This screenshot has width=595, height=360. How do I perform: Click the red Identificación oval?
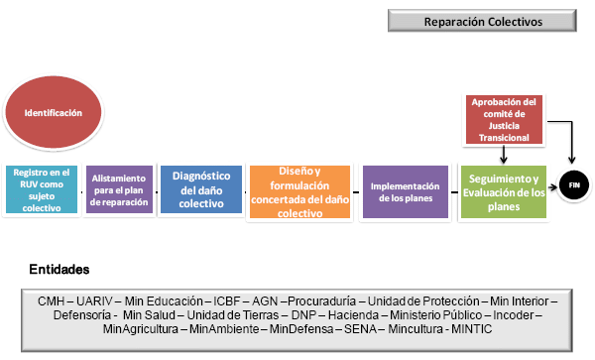pyautogui.click(x=54, y=112)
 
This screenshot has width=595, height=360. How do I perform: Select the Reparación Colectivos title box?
pyautogui.click(x=482, y=21)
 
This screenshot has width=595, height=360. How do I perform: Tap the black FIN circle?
pyautogui.click(x=574, y=185)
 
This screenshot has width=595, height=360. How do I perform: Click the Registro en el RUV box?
pyautogui.click(x=42, y=189)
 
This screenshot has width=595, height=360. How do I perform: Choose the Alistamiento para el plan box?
pyautogui.click(x=119, y=189)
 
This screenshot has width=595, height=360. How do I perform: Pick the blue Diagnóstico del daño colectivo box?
pyautogui.click(x=201, y=189)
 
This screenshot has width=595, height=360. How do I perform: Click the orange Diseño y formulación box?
pyautogui.click(x=299, y=192)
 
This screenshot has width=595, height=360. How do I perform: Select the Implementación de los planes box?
pyautogui.click(x=406, y=192)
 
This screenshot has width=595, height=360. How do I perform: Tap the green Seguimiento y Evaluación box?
pyautogui.click(x=504, y=192)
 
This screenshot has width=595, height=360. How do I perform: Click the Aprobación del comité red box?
pyautogui.click(x=504, y=119)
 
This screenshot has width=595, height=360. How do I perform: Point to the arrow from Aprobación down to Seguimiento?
pyautogui.click(x=504, y=155)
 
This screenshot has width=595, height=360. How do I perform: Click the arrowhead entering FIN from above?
pyautogui.click(x=571, y=160)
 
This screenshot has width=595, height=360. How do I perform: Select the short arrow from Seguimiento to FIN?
pyautogui.click(x=553, y=186)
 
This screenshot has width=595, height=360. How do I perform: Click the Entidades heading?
pyautogui.click(x=59, y=270)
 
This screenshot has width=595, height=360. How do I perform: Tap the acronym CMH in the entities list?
pyautogui.click(x=51, y=301)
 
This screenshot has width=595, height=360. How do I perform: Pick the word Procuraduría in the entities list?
pyautogui.click(x=321, y=301)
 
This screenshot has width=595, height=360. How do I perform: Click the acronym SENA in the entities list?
pyautogui.click(x=361, y=329)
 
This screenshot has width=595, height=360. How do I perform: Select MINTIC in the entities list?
pyautogui.click(x=472, y=329)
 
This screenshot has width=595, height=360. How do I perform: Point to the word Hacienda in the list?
pyautogui.click(x=353, y=315)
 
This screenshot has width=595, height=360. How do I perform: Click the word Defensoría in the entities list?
pyautogui.click(x=82, y=315)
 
